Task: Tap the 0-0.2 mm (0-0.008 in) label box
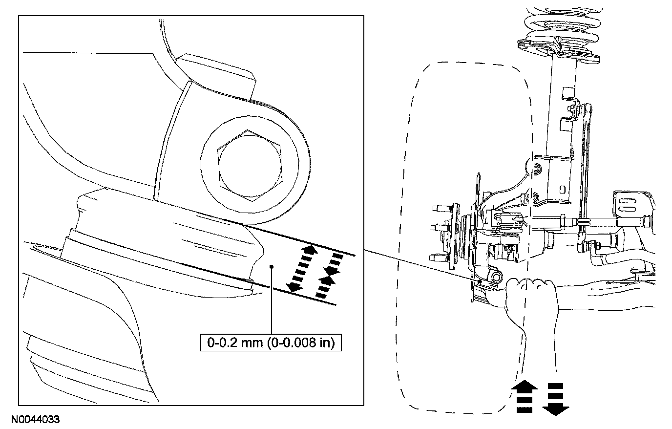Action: coord(271,343)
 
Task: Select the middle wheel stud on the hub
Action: coord(436,227)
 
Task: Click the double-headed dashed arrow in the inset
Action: coord(301,269)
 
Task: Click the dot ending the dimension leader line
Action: coord(271,266)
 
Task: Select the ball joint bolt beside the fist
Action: coord(497,278)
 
